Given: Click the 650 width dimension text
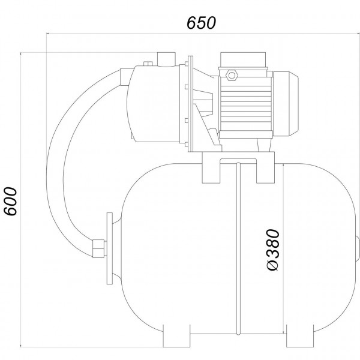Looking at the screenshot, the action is (x=201, y=23).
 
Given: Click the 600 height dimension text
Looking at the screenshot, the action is (x=11, y=202).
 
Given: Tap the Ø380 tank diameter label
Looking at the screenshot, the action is (x=274, y=250).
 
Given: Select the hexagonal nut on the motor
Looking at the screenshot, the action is (x=232, y=75).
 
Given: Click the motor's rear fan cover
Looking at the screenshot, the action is (x=286, y=104).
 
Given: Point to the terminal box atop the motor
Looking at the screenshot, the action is (x=243, y=60).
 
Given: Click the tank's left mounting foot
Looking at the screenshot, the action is (x=176, y=335).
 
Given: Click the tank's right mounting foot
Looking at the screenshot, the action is (x=300, y=335).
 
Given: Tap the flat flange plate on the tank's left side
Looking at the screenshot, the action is (x=110, y=248).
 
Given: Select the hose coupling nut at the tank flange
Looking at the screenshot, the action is (x=98, y=248).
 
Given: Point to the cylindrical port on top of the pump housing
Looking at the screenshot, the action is (x=166, y=59).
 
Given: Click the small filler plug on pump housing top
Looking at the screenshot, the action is (x=148, y=64).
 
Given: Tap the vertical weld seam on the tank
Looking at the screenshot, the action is (x=238, y=248).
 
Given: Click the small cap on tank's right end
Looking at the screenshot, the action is (x=358, y=248).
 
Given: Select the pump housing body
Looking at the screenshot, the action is (x=154, y=103).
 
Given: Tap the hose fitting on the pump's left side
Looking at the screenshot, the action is (x=125, y=77).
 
